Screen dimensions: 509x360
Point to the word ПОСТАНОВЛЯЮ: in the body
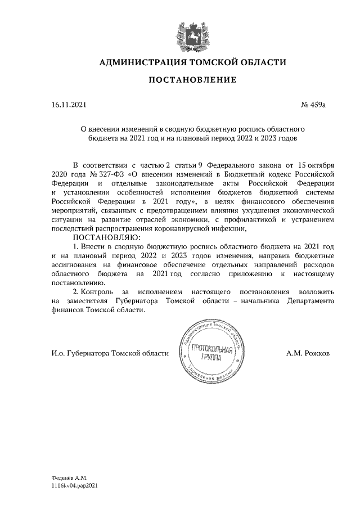pyautogui.click(x=101, y=237)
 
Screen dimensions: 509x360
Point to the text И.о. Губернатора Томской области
pyautogui.click(x=110, y=353)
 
